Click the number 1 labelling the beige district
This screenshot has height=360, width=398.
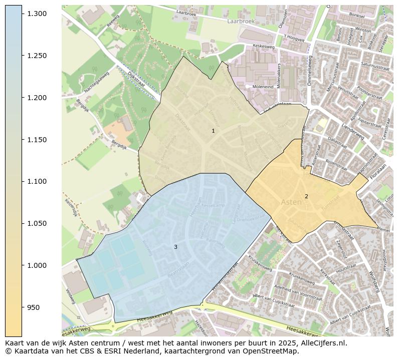213,131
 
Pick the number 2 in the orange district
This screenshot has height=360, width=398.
306,196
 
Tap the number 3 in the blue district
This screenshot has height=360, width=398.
175,247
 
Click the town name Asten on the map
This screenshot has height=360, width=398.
291,202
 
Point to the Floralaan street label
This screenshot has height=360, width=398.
379,172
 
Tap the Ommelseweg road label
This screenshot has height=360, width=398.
310,73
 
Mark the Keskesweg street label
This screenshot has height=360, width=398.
265,45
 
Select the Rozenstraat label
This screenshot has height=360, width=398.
336,164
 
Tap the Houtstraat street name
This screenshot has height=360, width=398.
345,270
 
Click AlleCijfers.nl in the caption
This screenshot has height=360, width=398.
320,343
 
